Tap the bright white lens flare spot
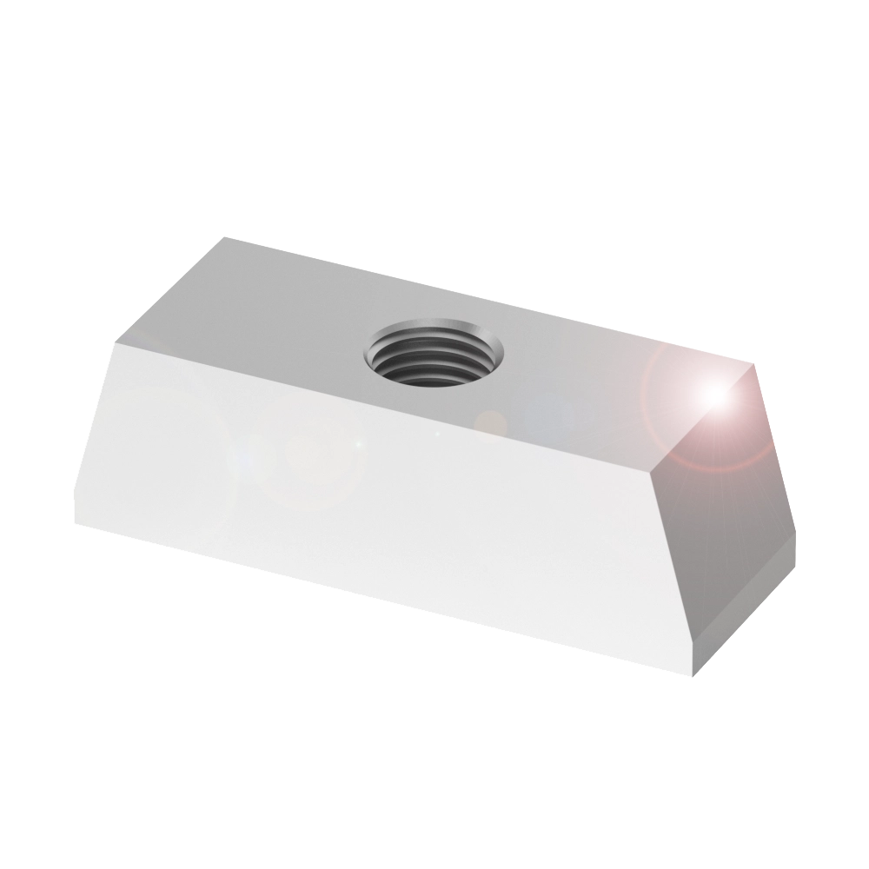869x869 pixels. click(714, 394)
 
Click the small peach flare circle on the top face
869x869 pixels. click(493, 421)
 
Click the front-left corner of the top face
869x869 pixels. click(115, 342)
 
